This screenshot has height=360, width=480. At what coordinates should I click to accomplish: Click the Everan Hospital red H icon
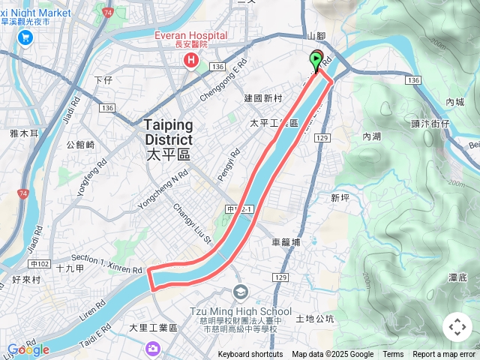click(193, 58)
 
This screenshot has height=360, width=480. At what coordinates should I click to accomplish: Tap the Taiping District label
click(168, 132)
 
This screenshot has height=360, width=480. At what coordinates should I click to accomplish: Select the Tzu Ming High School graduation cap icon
click(241, 292)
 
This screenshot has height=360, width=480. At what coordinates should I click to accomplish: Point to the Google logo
click(28, 349)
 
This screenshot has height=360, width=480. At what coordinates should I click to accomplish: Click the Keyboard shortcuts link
click(250, 355)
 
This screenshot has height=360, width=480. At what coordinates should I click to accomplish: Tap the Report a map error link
click(444, 355)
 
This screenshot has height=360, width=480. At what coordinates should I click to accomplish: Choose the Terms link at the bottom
click(393, 355)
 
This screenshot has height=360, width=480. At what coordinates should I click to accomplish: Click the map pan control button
click(457, 327)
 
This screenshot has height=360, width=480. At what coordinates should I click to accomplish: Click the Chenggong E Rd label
click(223, 82)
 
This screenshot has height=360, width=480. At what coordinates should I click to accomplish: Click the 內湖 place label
click(371, 136)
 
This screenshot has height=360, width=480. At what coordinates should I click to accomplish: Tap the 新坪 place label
click(340, 198)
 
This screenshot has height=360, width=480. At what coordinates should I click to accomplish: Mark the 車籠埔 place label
click(286, 242)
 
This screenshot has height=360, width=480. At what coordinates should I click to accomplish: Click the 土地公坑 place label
click(315, 319)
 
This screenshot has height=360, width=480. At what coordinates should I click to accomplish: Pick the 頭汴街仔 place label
click(430, 122)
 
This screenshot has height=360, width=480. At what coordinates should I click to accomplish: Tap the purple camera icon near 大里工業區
click(153, 348)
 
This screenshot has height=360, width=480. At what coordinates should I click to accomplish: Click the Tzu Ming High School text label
click(252, 311)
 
